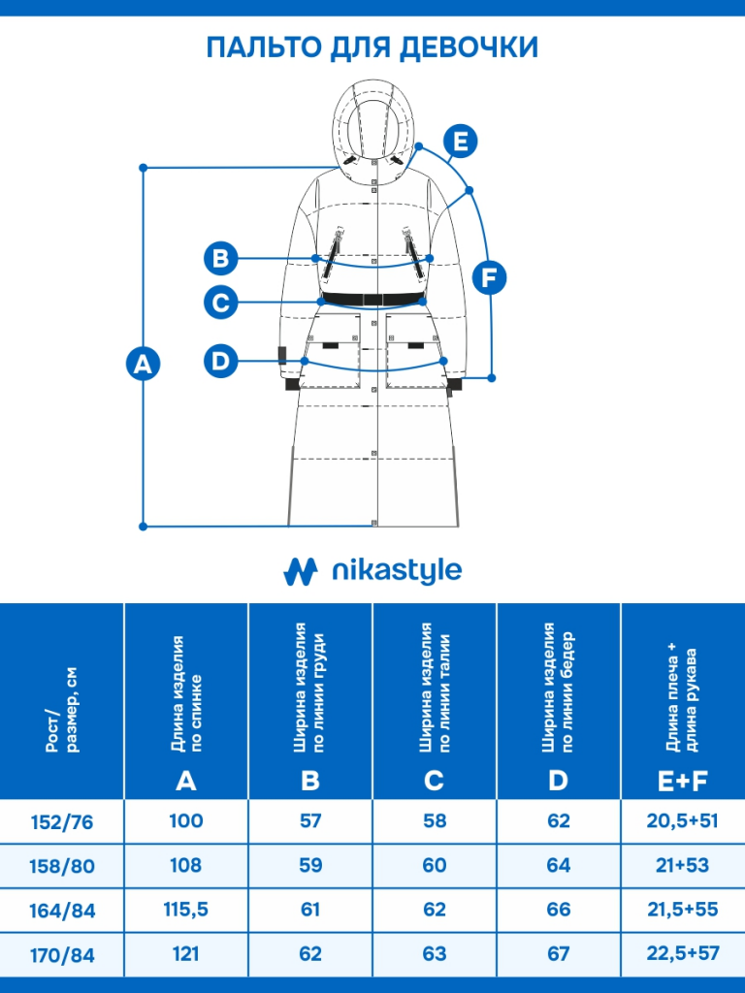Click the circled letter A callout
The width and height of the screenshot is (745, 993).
(144, 364)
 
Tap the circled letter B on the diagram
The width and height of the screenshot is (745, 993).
(221, 258)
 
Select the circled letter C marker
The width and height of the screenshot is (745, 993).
(221, 303)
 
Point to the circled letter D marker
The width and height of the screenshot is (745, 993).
(221, 362)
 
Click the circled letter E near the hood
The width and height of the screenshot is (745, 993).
(461, 142)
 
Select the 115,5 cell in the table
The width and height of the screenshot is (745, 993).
(186, 910)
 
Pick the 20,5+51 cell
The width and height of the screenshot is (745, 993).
(682, 821)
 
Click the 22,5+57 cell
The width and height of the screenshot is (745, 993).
(682, 954)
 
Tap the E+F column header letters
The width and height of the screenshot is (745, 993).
(682, 780)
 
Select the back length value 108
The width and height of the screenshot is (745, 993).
(186, 865)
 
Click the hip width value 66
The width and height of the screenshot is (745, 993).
(559, 910)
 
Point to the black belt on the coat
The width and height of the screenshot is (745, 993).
(372, 298)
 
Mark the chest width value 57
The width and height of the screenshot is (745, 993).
(310, 821)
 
